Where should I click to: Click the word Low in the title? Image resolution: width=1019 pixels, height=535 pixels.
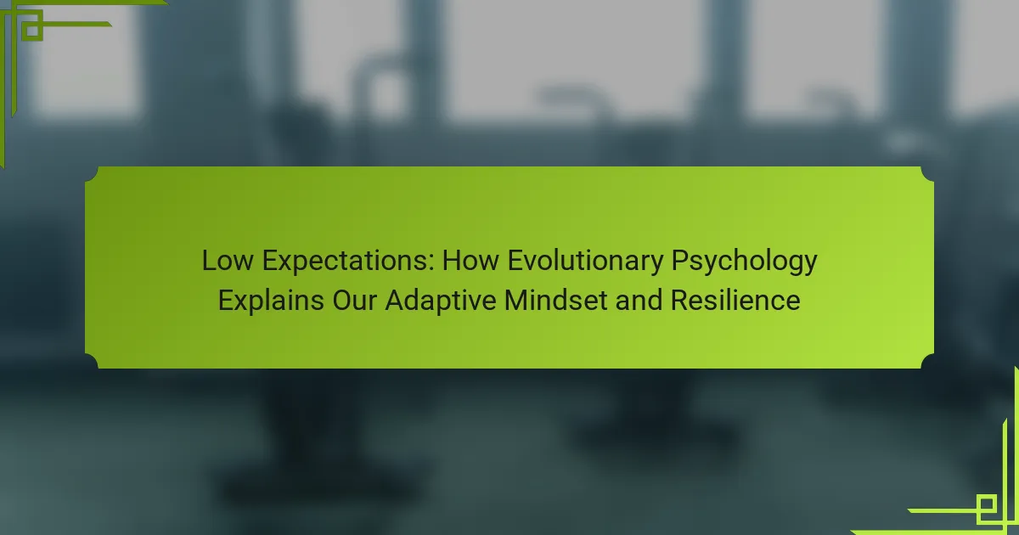[x=228, y=261]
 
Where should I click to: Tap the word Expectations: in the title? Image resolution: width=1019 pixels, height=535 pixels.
[x=348, y=262]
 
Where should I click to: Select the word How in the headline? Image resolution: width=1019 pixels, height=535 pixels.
[x=470, y=261]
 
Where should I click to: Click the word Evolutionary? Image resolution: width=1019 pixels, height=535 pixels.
[x=585, y=262]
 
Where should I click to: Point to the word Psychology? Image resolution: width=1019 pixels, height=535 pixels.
[x=744, y=262]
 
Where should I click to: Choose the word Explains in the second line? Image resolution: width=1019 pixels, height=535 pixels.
[x=271, y=301]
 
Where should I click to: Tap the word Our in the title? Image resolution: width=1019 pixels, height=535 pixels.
[x=354, y=301]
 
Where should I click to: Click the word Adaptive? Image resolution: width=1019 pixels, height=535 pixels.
[x=441, y=301]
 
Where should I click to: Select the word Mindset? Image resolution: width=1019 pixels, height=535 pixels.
[x=556, y=301]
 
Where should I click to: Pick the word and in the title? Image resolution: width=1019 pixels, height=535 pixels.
[x=639, y=301]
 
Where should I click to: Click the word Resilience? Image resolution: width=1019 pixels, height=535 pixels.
[x=735, y=301]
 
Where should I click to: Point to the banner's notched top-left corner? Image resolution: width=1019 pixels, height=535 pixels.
[x=92, y=174]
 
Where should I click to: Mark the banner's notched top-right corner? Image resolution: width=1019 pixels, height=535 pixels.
[x=927, y=174]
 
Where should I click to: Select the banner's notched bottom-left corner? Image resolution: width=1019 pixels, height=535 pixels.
[x=92, y=361]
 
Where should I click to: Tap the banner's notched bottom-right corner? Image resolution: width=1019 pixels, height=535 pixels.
[x=927, y=361]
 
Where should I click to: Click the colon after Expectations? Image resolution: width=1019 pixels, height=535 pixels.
[x=431, y=263]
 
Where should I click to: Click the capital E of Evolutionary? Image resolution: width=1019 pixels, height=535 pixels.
[x=515, y=261]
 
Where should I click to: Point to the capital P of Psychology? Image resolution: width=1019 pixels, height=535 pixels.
[x=679, y=261]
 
